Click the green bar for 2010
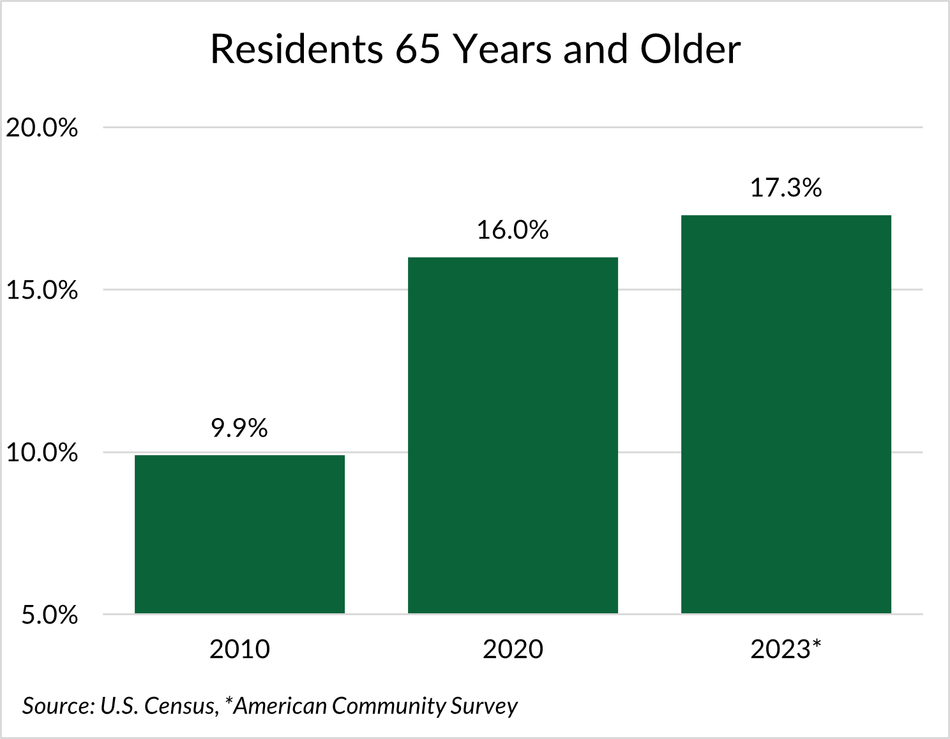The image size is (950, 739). pos(239,534)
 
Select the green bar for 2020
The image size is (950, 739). pos(513,435)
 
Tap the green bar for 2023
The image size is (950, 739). pos(786,414)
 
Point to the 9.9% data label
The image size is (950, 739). pos(239,428)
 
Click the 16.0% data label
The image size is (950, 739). pos(513,230)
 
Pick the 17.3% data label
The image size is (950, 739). pos(786,188)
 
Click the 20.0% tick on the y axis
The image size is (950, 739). pos(41,128)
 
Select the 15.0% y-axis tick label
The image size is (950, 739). pos(41,290)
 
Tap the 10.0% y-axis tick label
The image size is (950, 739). pos(41,453)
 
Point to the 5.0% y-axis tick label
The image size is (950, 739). pos(49,616)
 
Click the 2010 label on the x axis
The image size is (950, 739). pos(239,650)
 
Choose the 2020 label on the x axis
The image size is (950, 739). pos(513,650)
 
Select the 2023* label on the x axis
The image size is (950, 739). pos(786,650)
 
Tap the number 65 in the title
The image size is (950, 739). pos(418,49)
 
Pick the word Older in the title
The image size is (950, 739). pos(690,49)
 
